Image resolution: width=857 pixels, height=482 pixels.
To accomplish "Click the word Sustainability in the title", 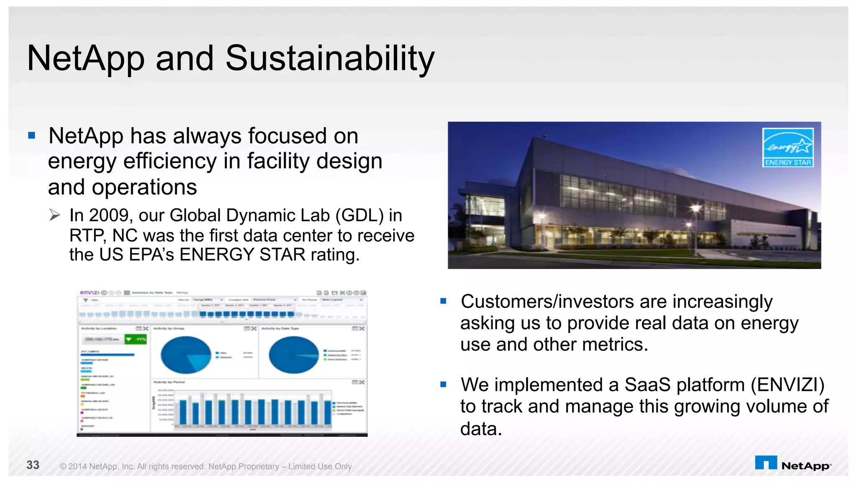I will coord(330,59).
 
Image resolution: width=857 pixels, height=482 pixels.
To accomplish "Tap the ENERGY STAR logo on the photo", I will coord(788,147).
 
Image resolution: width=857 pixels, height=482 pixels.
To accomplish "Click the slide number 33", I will coord(33,465).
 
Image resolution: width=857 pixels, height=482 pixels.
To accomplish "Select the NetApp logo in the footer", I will coord(793,464).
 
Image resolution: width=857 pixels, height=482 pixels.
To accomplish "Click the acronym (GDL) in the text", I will coord(359,215).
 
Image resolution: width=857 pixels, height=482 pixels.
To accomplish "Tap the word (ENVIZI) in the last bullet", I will coord(788,385).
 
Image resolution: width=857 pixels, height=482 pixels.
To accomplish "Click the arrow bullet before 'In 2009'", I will coord(54,215).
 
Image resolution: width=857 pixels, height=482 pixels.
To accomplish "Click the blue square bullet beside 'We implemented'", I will coord(444,384).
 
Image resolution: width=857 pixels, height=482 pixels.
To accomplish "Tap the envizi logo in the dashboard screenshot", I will coord(89,292).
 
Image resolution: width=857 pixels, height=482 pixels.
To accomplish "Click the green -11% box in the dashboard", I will coord(136,339).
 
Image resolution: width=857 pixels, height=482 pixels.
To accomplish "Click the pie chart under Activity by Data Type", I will coord(294,355).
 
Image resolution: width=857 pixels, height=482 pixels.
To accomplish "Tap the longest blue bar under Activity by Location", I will coord(108,355).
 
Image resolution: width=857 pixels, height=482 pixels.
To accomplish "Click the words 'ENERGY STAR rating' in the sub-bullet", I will coord(269,255).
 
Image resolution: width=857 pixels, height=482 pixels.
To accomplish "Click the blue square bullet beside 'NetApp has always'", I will coord(32,135).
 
